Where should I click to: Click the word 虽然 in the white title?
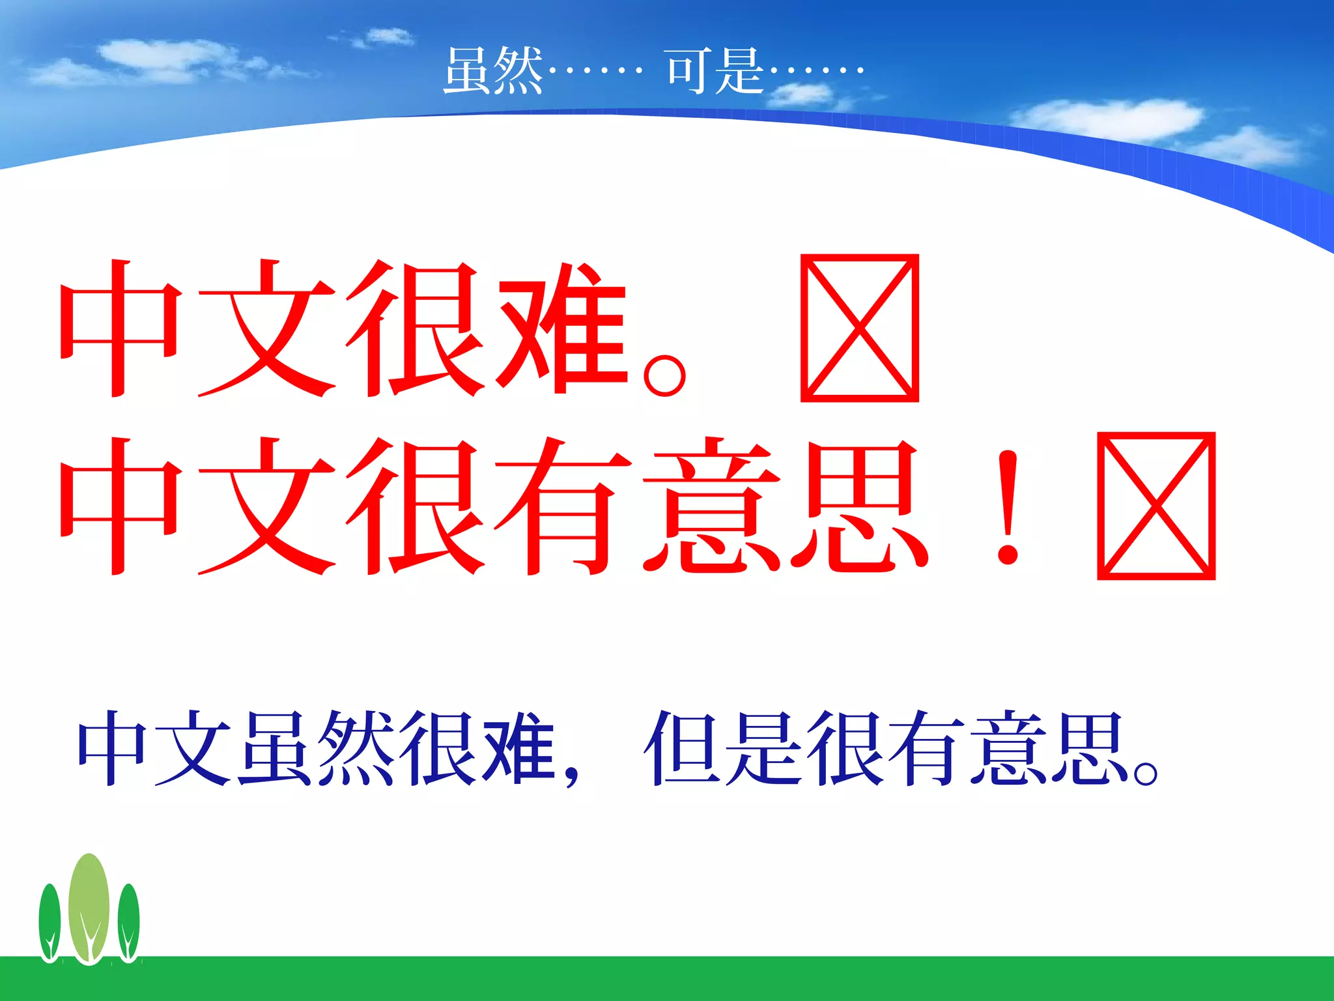(x=493, y=71)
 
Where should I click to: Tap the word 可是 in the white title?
(x=716, y=71)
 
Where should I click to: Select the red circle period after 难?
(x=664, y=375)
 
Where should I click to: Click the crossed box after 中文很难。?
(x=859, y=328)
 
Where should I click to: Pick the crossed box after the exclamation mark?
(x=1156, y=506)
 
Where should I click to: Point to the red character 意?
(x=711, y=507)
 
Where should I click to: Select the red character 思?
(x=860, y=507)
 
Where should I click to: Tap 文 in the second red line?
(x=267, y=507)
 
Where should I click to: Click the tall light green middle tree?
(x=89, y=906)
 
